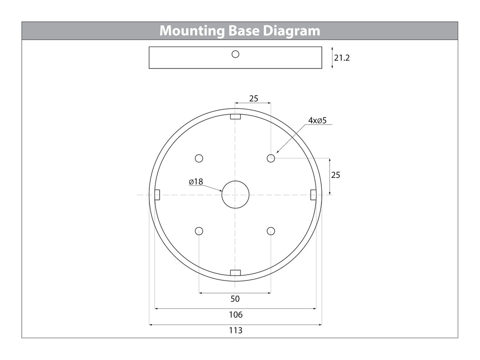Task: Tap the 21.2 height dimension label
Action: [342, 58]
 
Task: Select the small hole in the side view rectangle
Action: [236, 54]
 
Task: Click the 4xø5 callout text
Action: [317, 120]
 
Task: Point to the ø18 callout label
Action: [196, 182]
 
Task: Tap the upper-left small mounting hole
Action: [199, 158]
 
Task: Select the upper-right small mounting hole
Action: [271, 158]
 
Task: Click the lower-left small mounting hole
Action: [199, 231]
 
